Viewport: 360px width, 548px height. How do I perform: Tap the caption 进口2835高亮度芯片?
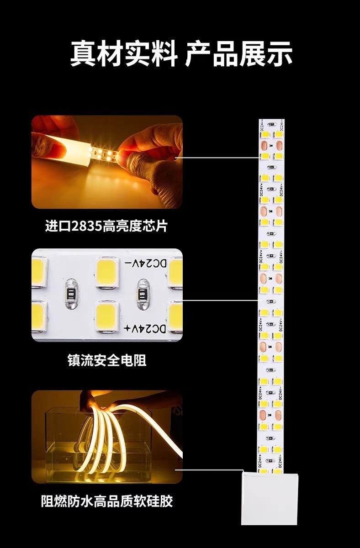106,226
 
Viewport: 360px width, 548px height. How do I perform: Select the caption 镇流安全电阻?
107,360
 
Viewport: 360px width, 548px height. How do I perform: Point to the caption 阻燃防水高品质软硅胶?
107,501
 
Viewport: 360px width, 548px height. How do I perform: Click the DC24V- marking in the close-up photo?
145,263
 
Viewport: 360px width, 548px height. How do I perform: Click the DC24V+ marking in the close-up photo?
145,328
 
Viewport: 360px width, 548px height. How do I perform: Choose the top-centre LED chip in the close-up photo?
107,272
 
